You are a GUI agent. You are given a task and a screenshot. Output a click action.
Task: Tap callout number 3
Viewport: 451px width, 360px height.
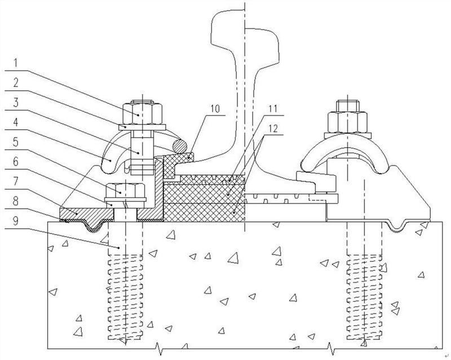point(16,103)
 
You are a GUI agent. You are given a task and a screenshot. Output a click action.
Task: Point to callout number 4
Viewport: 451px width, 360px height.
point(16,122)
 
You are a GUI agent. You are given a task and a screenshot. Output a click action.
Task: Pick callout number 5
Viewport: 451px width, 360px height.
point(16,142)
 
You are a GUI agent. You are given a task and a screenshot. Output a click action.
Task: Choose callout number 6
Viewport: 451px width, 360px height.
point(16,161)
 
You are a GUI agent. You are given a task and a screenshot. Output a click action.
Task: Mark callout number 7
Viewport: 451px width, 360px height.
point(16,181)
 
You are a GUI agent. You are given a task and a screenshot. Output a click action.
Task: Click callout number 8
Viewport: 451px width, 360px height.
point(16,201)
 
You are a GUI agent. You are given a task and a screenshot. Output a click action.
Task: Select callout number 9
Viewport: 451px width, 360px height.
point(16,221)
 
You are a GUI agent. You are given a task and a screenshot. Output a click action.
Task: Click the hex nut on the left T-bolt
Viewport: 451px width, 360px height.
point(143,113)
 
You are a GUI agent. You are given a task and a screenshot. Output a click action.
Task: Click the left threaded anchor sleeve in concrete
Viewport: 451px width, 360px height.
point(125,297)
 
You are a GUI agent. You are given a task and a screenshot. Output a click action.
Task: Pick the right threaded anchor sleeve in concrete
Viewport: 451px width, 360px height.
point(364,297)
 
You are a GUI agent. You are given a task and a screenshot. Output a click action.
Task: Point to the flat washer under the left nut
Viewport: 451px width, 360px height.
point(142,127)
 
